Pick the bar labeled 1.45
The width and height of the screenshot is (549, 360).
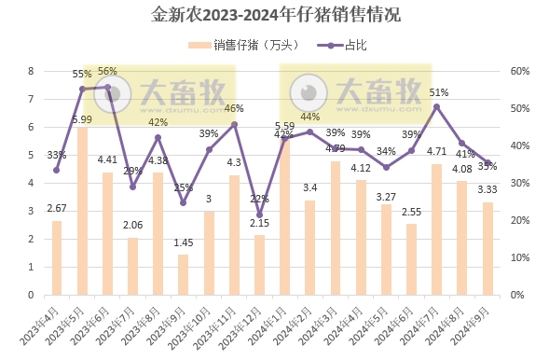(183, 274)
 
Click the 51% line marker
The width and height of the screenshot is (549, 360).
(436, 106)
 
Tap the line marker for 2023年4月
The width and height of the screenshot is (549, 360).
(57, 170)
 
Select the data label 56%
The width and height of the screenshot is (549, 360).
(107, 72)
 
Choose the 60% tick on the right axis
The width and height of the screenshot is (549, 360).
(518, 71)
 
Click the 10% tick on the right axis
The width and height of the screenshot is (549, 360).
(518, 257)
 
